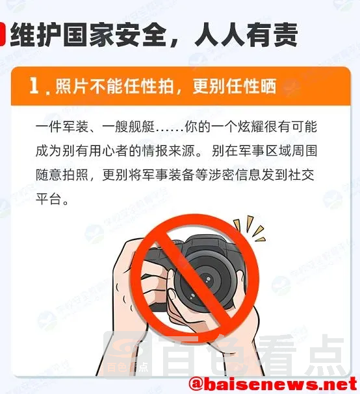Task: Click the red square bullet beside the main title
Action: point(2,34)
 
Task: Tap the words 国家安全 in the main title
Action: point(112,34)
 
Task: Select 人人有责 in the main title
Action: point(246,34)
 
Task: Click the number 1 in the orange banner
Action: point(34,86)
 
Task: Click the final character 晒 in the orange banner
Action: point(268,86)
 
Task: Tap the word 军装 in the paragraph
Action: point(75,127)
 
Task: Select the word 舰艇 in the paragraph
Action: point(142,127)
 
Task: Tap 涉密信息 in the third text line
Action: point(235,175)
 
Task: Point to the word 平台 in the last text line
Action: point(49,199)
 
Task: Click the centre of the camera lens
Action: point(205,279)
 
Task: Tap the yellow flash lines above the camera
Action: point(250,228)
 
